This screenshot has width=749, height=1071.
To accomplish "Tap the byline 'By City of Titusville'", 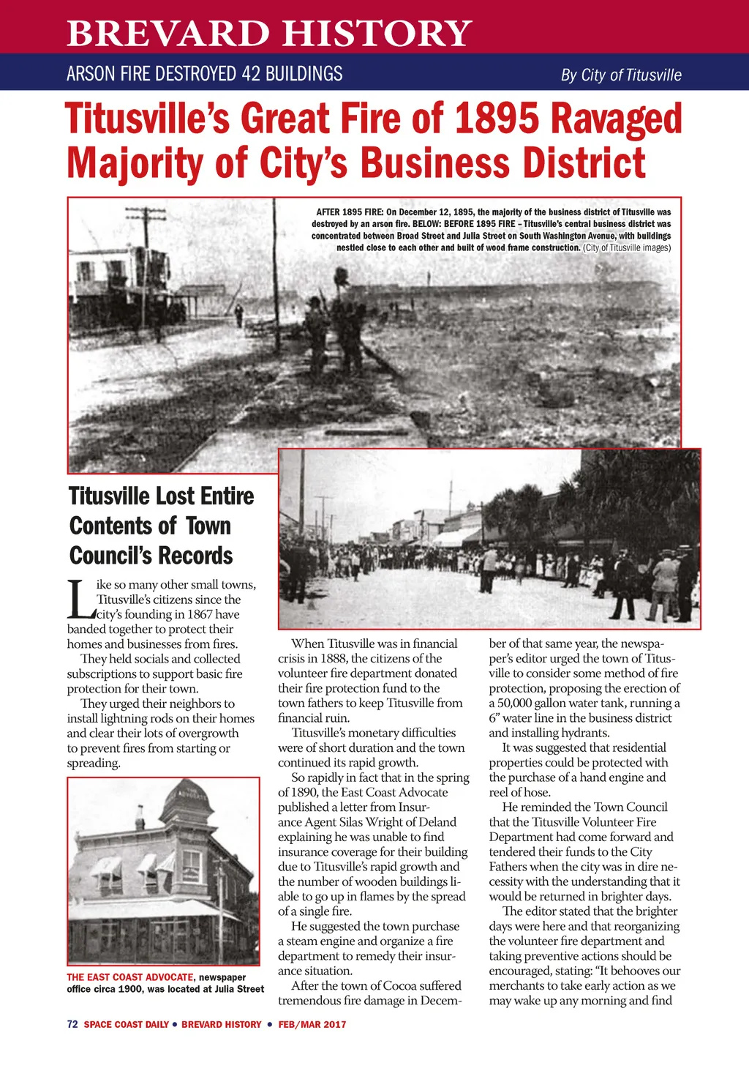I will point(620,75).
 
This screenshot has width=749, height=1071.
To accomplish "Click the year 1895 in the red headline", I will point(497,119).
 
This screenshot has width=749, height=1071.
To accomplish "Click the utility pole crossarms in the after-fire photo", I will point(146,214).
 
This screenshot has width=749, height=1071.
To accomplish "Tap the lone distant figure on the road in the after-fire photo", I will point(238,315).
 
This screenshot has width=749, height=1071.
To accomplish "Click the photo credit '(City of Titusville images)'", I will point(627,247).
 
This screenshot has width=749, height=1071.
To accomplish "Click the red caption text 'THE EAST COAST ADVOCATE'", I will point(130,977).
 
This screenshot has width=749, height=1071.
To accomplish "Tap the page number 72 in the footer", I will point(72,1024).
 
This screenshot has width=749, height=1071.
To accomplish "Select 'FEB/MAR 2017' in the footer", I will point(312,1024).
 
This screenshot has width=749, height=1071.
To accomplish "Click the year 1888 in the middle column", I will point(334,658).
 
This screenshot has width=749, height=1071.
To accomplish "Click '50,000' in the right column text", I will point(518,703).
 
